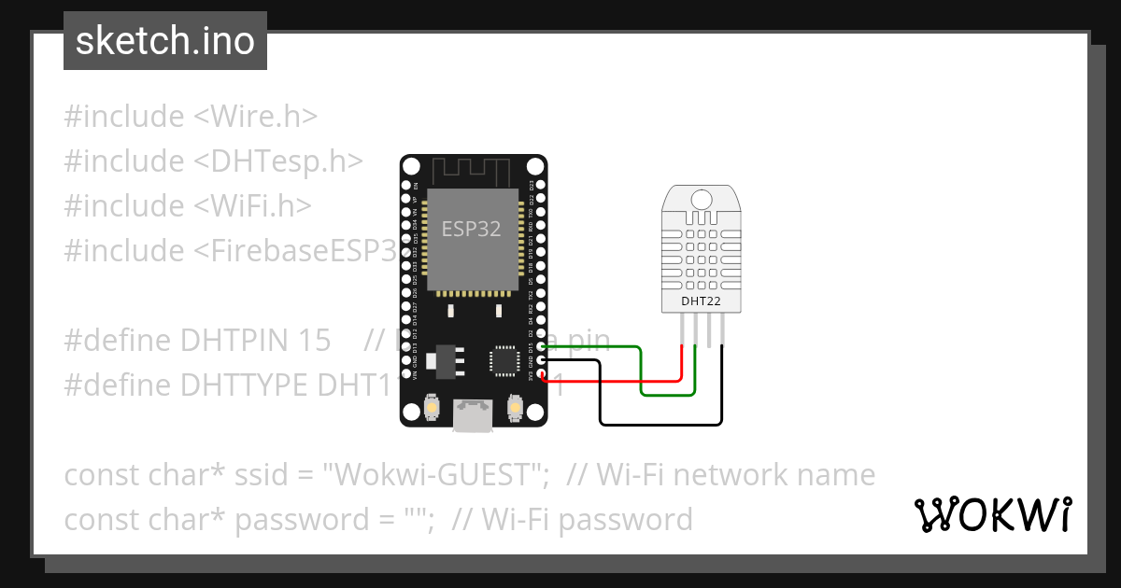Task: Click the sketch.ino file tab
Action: tap(165, 41)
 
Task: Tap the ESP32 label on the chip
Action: tap(472, 230)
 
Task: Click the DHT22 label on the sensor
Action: tap(701, 301)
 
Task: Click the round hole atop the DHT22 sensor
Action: tap(700, 197)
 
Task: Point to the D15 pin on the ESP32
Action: tap(541, 347)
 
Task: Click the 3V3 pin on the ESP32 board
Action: tap(541, 374)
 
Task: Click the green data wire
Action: tap(642, 373)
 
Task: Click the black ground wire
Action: tap(654, 425)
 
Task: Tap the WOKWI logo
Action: tap(992, 513)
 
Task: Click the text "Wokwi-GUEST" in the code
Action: tap(435, 474)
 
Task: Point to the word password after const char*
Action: tap(300, 519)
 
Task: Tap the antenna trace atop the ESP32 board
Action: tap(472, 171)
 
